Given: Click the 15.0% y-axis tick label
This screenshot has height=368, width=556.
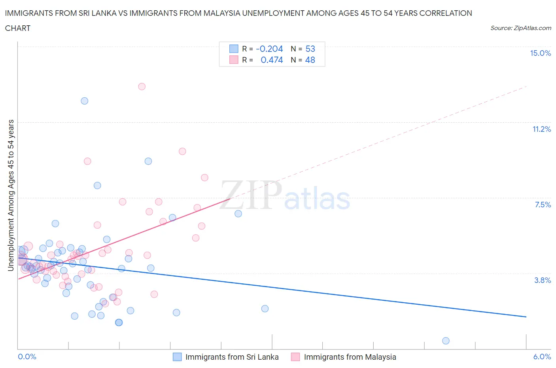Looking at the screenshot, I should pyautogui.click(x=540, y=53).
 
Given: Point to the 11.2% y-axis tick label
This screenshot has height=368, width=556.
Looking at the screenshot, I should pyautogui.click(x=541, y=129).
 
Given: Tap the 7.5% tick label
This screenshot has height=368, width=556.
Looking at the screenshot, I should pyautogui.click(x=543, y=205).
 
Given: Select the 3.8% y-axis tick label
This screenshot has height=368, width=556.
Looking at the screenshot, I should pyautogui.click(x=543, y=281).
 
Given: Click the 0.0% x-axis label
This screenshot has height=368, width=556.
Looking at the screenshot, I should pyautogui.click(x=27, y=357).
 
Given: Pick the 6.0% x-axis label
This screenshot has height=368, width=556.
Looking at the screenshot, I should pyautogui.click(x=542, y=357).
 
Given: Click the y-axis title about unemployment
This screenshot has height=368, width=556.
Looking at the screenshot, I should pyautogui.click(x=11, y=195).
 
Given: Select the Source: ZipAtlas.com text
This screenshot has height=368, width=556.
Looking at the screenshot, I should pyautogui.click(x=520, y=28).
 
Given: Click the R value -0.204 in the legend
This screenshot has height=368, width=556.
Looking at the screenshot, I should pyautogui.click(x=269, y=49).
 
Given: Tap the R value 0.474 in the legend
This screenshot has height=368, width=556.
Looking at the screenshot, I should pyautogui.click(x=272, y=60).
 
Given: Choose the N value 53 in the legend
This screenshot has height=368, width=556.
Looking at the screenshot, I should pyautogui.click(x=310, y=49).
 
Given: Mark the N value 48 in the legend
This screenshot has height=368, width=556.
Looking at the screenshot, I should pyautogui.click(x=310, y=60).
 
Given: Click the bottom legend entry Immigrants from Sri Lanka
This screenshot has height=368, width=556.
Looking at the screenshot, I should pyautogui.click(x=232, y=357).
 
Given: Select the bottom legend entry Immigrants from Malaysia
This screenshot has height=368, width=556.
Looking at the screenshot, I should pyautogui.click(x=350, y=357).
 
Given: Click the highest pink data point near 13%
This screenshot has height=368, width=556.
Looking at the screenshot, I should pyautogui.click(x=142, y=87).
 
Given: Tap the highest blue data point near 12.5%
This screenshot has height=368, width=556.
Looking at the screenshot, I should pyautogui.click(x=84, y=101).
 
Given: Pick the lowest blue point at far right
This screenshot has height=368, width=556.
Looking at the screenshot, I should pyautogui.click(x=446, y=341).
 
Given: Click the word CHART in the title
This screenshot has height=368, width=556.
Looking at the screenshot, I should pyautogui.click(x=18, y=28).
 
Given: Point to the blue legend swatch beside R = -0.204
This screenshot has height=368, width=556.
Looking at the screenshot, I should pyautogui.click(x=234, y=49).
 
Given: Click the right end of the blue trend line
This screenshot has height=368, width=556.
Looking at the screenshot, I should pyautogui.click(x=526, y=317).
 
